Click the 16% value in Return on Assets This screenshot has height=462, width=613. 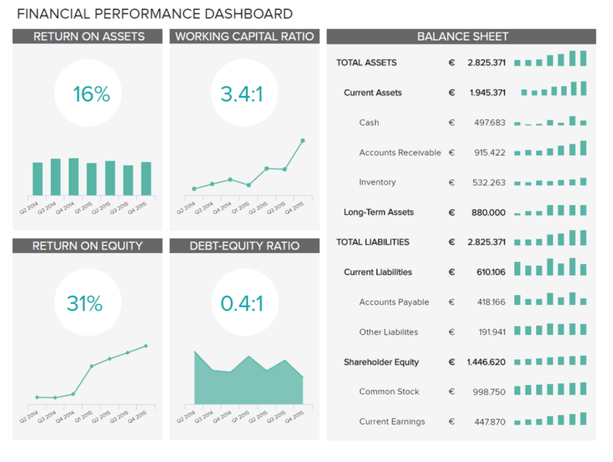[92, 94]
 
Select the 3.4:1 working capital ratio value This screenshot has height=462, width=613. [242, 94]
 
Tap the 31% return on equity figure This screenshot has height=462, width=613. [84, 303]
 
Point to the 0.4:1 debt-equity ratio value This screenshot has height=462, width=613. [242, 303]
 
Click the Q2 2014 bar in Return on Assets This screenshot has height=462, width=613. [37, 179]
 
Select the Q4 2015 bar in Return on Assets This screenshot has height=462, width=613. [146, 178]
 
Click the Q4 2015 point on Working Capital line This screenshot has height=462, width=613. [302, 141]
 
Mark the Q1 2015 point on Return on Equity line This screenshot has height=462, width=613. [92, 366]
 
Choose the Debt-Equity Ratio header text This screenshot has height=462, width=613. [244, 246]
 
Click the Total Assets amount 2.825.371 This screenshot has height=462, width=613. [486, 63]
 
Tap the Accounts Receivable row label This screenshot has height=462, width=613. [400, 153]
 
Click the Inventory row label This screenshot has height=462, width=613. [377, 183]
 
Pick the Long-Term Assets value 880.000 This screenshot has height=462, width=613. [488, 212]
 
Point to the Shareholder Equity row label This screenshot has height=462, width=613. [381, 362]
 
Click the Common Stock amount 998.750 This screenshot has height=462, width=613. [488, 392]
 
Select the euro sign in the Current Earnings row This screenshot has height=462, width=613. [451, 422]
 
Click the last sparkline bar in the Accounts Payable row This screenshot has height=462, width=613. [583, 302]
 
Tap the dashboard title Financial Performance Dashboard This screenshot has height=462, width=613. [154, 14]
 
